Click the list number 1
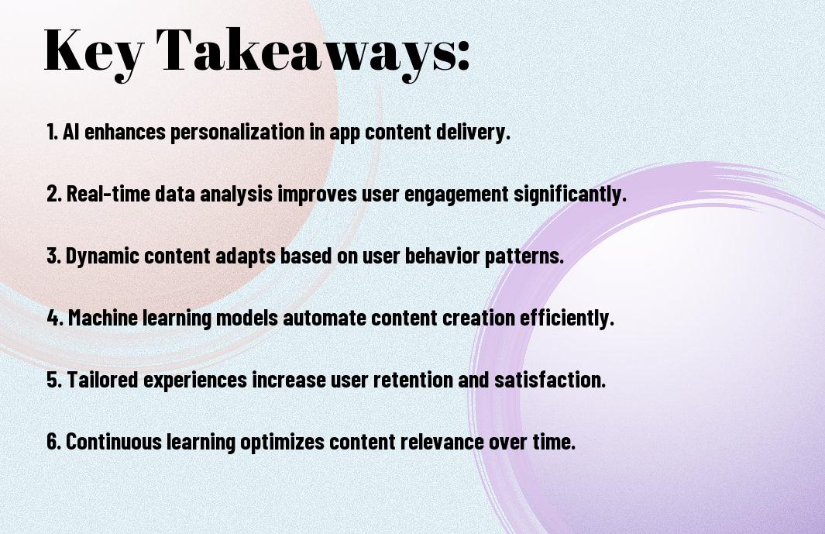pos(52,132)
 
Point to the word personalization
pos(237,133)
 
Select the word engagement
pos(457,195)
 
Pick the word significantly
pos(570,195)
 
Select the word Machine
pos(103,318)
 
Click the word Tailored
pos(103,380)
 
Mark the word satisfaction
pos(550,380)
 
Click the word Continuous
pos(114,442)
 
